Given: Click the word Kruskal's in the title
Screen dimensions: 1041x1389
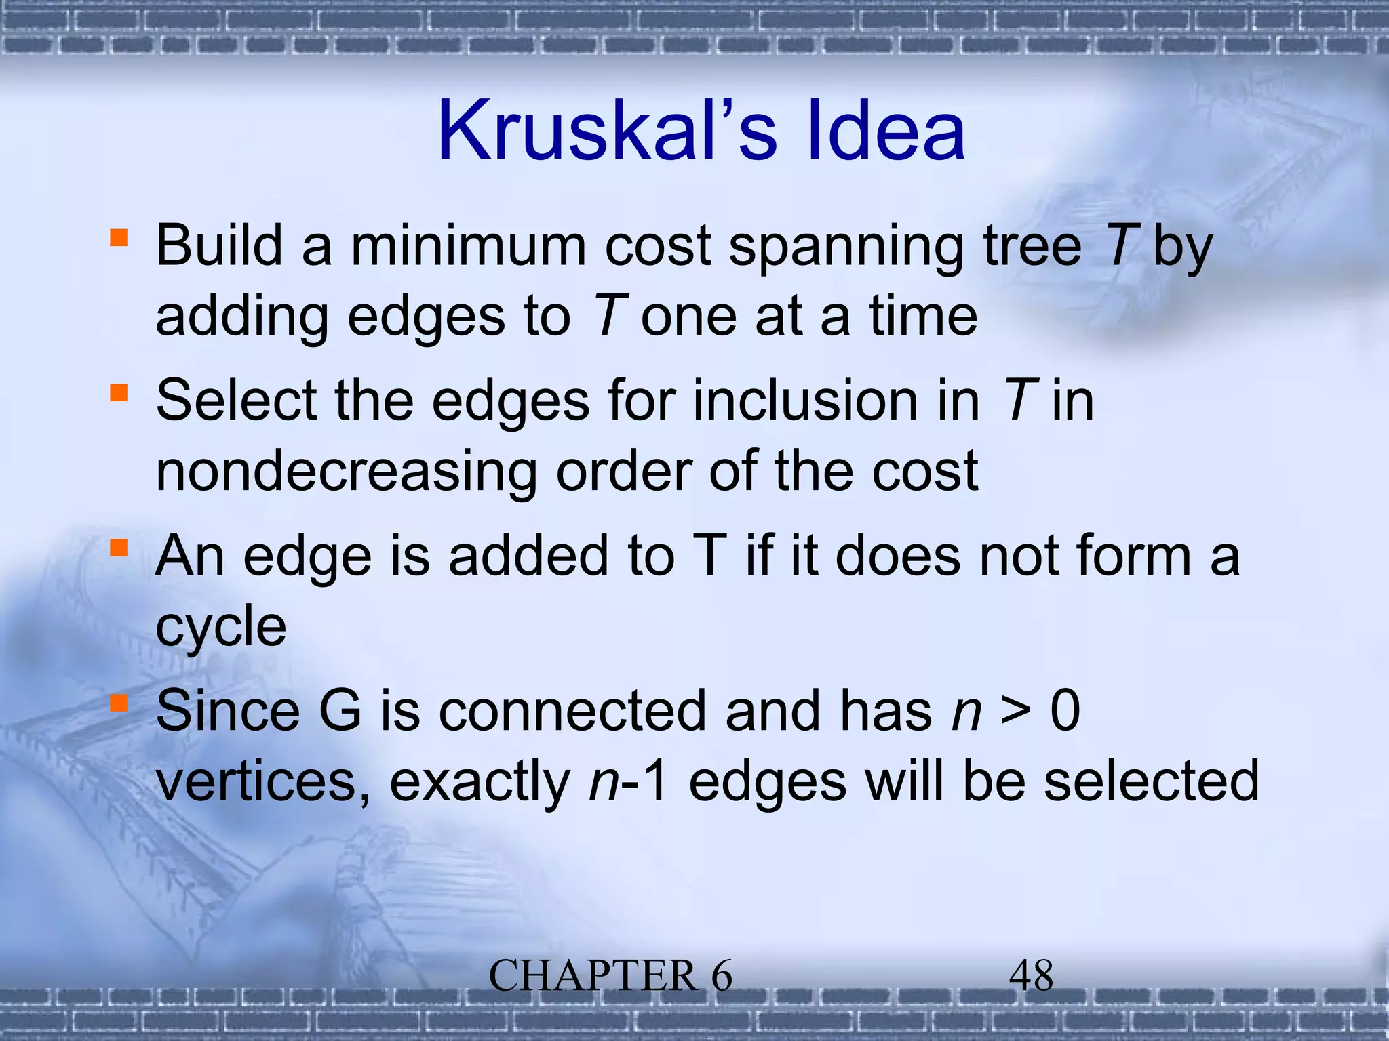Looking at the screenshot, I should click(607, 130).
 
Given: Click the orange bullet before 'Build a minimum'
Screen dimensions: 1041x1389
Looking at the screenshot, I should click(119, 238).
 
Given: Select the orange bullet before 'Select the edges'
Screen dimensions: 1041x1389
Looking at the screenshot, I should click(119, 393).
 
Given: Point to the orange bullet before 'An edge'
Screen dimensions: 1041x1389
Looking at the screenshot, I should click(119, 548).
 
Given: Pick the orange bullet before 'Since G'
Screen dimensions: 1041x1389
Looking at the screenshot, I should click(119, 703).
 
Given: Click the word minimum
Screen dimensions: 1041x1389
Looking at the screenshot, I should click(468, 245).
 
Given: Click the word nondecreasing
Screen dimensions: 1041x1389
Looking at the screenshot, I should click(347, 472).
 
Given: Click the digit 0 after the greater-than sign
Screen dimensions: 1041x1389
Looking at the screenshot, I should click(1065, 711).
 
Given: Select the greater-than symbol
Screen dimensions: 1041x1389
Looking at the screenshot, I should click(1016, 712).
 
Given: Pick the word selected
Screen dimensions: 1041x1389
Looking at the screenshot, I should click(1150, 781).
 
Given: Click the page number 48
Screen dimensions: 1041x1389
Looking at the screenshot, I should click(1031, 976).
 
